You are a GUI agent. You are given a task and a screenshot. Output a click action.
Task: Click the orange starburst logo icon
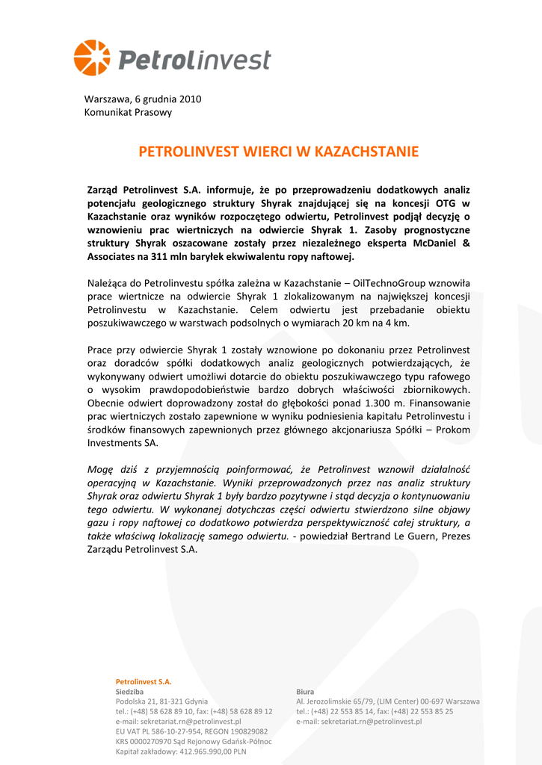91,58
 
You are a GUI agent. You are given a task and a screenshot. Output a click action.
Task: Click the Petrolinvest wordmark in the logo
194,60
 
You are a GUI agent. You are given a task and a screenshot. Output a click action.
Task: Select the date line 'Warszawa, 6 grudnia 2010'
143,99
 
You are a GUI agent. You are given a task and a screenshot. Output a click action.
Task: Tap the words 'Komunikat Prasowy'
128,112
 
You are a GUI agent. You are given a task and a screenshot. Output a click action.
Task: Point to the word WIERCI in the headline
266,152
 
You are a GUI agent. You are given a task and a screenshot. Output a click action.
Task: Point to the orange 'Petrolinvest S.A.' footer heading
144,681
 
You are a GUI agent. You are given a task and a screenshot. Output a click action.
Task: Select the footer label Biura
305,692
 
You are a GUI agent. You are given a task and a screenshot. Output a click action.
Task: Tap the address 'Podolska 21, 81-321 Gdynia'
161,701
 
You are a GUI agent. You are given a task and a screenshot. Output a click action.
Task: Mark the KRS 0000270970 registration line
193,741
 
